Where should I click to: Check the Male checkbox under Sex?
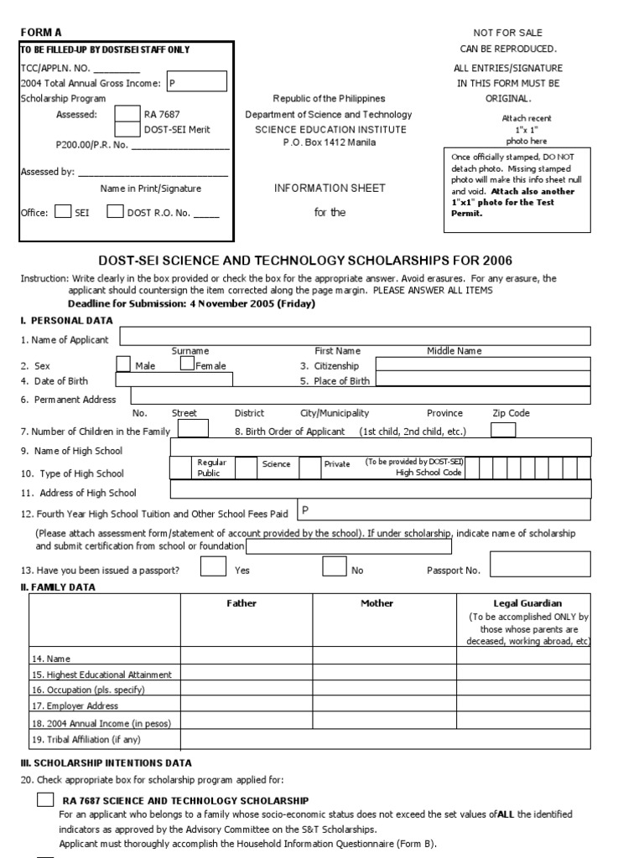[123, 364]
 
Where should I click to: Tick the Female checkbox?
[187, 364]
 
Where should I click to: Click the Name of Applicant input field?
[356, 336]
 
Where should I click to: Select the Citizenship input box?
[483, 364]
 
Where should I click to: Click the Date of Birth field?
[174, 380]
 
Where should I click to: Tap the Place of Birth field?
[483, 380]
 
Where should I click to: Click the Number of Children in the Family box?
[194, 429]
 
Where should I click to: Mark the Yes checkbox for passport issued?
[213, 567]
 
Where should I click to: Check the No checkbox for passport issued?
[335, 567]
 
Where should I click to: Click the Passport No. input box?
[541, 565]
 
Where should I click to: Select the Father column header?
[241, 603]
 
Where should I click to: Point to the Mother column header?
[377, 603]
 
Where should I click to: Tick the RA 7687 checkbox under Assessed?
[127, 113]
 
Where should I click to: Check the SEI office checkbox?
[63, 212]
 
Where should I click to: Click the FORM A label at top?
[41, 32]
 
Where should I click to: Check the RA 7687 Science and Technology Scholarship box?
[45, 800]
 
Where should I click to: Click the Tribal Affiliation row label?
[86, 739]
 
